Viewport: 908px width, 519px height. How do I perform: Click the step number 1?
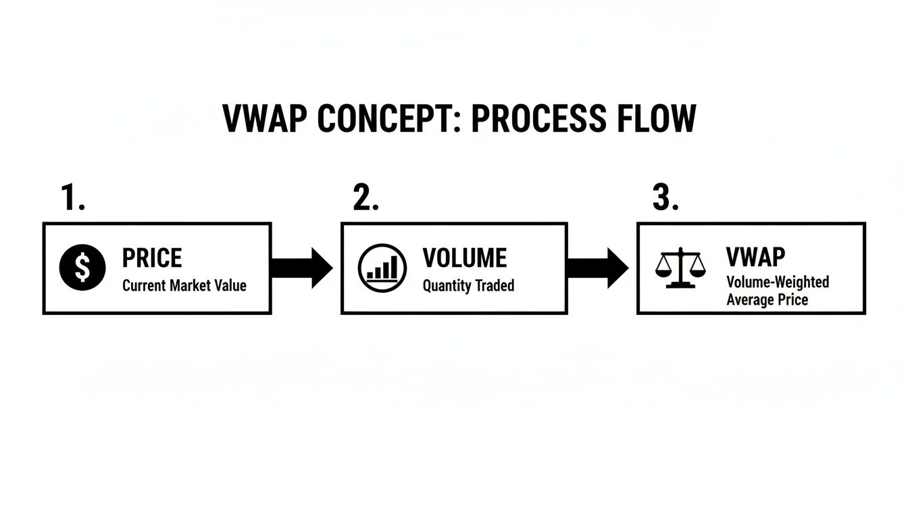coord(73,197)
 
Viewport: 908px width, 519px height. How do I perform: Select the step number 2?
coord(365,197)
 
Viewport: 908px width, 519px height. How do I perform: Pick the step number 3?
coord(665,197)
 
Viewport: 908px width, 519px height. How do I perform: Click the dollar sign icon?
coord(82,267)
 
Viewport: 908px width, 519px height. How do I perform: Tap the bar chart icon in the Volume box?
coord(382,268)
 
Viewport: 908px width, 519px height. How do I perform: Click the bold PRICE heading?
coord(152,258)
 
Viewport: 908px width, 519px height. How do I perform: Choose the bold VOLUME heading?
coord(465,258)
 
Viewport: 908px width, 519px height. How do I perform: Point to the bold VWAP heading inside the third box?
coord(755,257)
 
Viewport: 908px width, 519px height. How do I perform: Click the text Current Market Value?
coord(184,286)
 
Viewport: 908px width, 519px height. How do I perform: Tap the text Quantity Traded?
coord(468,286)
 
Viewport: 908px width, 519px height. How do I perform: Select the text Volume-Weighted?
coord(778,282)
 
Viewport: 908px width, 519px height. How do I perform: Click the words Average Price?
coord(767,299)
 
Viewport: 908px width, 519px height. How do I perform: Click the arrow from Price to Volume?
coord(301,268)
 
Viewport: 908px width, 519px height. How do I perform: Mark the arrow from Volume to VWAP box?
coord(598,268)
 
